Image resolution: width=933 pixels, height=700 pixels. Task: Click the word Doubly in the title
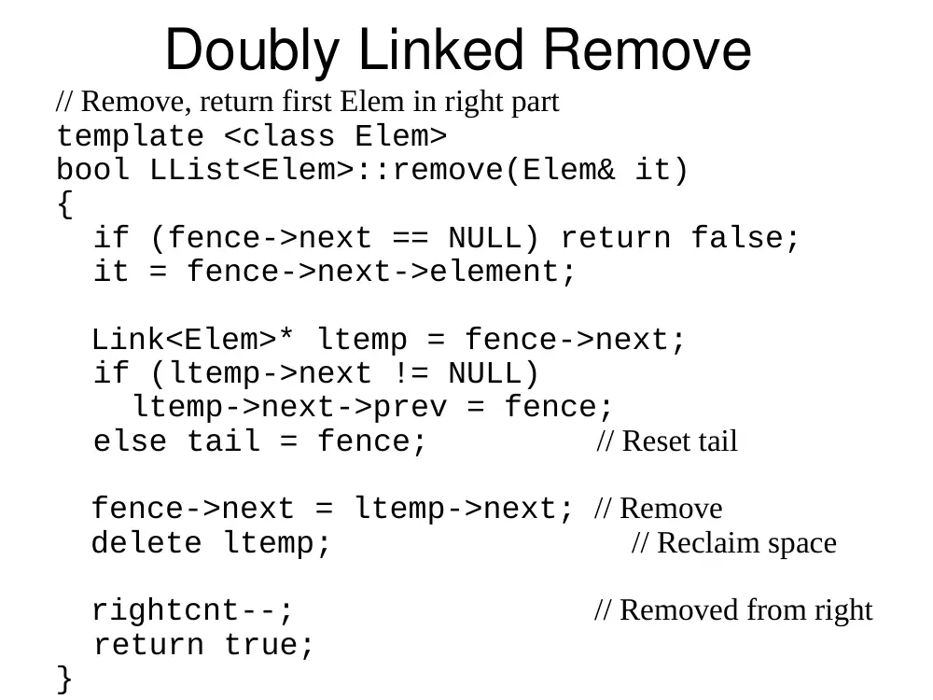tap(252, 51)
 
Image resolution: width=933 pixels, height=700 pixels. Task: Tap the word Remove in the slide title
tap(648, 50)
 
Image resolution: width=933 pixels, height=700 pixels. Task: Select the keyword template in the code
tap(131, 136)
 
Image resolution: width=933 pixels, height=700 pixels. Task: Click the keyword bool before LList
tap(92, 169)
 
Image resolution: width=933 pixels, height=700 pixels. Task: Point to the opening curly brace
tap(65, 204)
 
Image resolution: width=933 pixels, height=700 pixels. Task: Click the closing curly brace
tap(65, 679)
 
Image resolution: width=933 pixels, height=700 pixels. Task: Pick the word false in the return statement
tap(745, 237)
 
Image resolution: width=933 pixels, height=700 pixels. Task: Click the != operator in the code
tap(411, 373)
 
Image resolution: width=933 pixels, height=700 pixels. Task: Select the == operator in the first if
tap(411, 239)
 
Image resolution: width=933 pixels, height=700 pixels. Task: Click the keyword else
tap(130, 441)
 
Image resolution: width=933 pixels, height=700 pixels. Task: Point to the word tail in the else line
tap(224, 441)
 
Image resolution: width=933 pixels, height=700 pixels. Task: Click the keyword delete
tap(146, 542)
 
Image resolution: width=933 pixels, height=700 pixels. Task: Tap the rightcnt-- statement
tap(192, 610)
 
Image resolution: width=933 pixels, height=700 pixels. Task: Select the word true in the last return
tap(269, 645)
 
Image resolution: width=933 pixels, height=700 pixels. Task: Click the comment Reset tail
tap(667, 441)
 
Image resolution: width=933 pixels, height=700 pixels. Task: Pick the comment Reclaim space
tap(734, 543)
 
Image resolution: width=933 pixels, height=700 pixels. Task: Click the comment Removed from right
tap(733, 610)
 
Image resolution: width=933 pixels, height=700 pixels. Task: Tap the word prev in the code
tap(410, 408)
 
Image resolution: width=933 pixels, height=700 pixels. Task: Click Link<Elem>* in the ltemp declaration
tap(193, 339)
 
